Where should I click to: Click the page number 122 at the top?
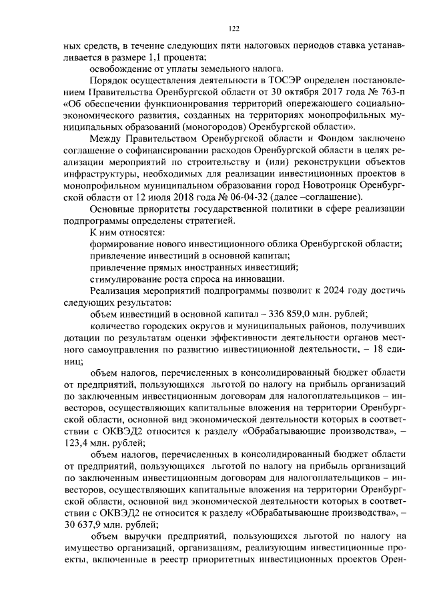click(234, 28)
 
